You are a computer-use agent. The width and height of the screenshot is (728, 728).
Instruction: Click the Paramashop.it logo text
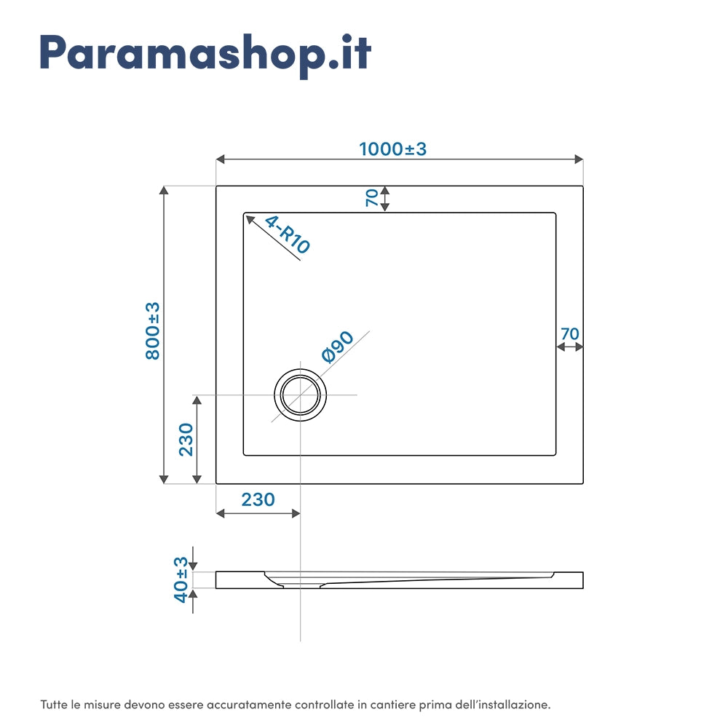click(x=205, y=52)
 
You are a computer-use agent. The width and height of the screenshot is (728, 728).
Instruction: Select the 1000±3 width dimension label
click(x=392, y=149)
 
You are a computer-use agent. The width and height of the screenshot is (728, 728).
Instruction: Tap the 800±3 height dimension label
click(x=152, y=331)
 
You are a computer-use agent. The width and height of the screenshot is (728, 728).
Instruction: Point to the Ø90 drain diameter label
click(x=337, y=347)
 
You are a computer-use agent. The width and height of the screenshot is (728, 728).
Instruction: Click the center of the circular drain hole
click(x=300, y=395)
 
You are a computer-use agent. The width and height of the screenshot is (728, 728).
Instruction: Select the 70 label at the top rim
click(x=371, y=198)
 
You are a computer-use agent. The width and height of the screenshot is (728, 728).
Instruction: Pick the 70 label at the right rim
click(x=569, y=333)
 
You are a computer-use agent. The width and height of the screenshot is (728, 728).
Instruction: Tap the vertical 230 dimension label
click(x=186, y=439)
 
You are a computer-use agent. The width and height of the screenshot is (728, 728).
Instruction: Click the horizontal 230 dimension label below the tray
click(x=258, y=499)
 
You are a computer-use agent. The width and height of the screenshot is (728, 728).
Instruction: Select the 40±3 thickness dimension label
click(x=181, y=579)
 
